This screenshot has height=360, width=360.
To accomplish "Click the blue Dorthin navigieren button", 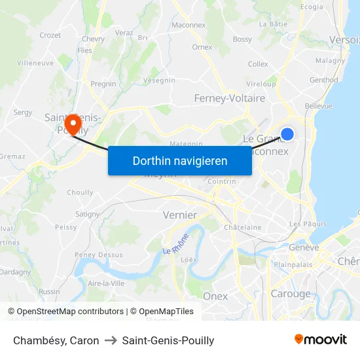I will tap(180, 160).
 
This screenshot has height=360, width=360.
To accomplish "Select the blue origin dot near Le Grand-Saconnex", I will tap(287, 134).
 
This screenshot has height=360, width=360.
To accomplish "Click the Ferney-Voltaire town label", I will tap(230, 98).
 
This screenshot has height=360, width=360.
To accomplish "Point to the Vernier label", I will tap(179, 215).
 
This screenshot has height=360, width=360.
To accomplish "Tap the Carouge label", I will tap(291, 294).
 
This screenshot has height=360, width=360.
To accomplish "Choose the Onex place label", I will tap(215, 296).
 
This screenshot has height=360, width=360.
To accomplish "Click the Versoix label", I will tap(344, 39).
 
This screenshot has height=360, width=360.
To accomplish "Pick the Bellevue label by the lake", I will tap(318, 106).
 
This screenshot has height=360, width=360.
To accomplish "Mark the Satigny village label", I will tap(87, 214).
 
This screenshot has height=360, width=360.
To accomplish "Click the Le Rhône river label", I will tap(176, 243).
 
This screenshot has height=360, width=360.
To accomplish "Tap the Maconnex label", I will tap(189, 25).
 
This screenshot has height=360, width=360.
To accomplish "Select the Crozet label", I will tap(50, 35).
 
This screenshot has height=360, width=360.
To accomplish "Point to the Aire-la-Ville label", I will tap(106, 283).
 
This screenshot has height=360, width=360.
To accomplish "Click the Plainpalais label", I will tap(293, 265).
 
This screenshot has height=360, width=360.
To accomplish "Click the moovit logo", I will tap(320, 340).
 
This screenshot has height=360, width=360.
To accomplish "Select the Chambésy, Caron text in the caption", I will tap(56, 340).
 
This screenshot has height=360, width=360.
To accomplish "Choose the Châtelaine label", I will tap(243, 228).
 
